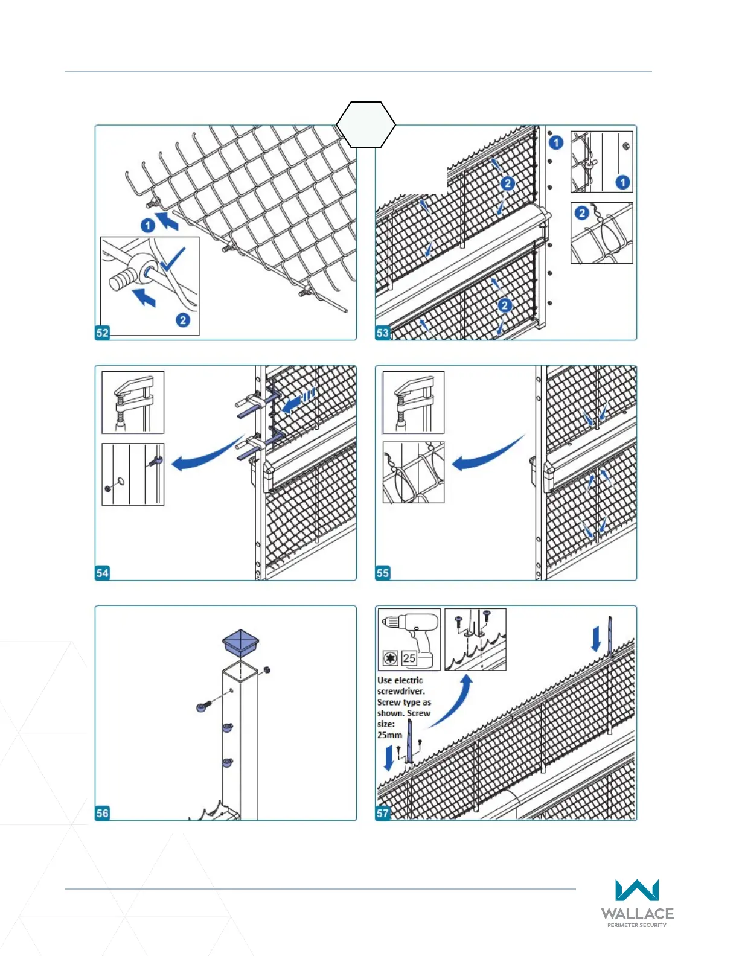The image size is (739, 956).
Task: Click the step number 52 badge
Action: pyautogui.click(x=103, y=333)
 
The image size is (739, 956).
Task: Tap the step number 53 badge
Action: pyautogui.click(x=383, y=333)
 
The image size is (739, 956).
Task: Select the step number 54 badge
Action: pyautogui.click(x=103, y=573)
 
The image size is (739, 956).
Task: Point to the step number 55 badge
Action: pyautogui.click(x=383, y=573)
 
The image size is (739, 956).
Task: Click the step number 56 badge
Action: pyautogui.click(x=103, y=813)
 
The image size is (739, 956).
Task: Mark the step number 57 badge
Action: pyautogui.click(x=383, y=813)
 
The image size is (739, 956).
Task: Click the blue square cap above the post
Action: pyautogui.click(x=241, y=643)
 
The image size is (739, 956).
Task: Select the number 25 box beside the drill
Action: pyautogui.click(x=409, y=658)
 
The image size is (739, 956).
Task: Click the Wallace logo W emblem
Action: pyautogui.click(x=637, y=891)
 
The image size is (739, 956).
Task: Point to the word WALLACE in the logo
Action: pyautogui.click(x=637, y=914)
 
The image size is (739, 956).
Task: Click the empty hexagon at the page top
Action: pyautogui.click(x=366, y=124)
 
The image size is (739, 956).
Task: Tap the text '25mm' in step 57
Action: pyautogui.click(x=389, y=735)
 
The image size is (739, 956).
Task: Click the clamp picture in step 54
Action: pyautogui.click(x=133, y=402)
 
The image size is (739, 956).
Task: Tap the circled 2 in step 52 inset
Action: pyautogui.click(x=183, y=320)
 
